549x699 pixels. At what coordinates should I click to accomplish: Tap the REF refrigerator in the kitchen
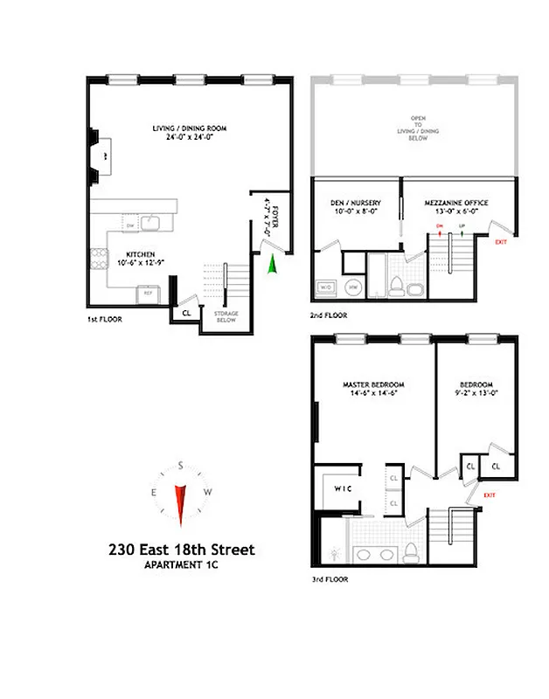coord(149,294)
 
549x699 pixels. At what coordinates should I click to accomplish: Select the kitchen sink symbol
coord(151,225)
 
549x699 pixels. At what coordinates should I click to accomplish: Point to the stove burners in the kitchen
coord(95,258)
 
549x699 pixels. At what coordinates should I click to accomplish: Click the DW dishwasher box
coord(129,226)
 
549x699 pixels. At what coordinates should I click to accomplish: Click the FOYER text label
coord(277,217)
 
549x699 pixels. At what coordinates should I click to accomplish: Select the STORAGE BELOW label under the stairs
coord(226,316)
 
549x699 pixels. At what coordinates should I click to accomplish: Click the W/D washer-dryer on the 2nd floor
coord(326,287)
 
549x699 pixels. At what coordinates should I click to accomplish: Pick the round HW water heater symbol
coord(353,287)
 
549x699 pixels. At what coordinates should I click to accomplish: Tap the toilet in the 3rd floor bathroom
coord(409,551)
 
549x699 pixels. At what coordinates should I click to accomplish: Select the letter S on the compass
coord(181,466)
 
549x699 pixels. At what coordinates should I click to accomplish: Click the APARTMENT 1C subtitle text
coord(181,565)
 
